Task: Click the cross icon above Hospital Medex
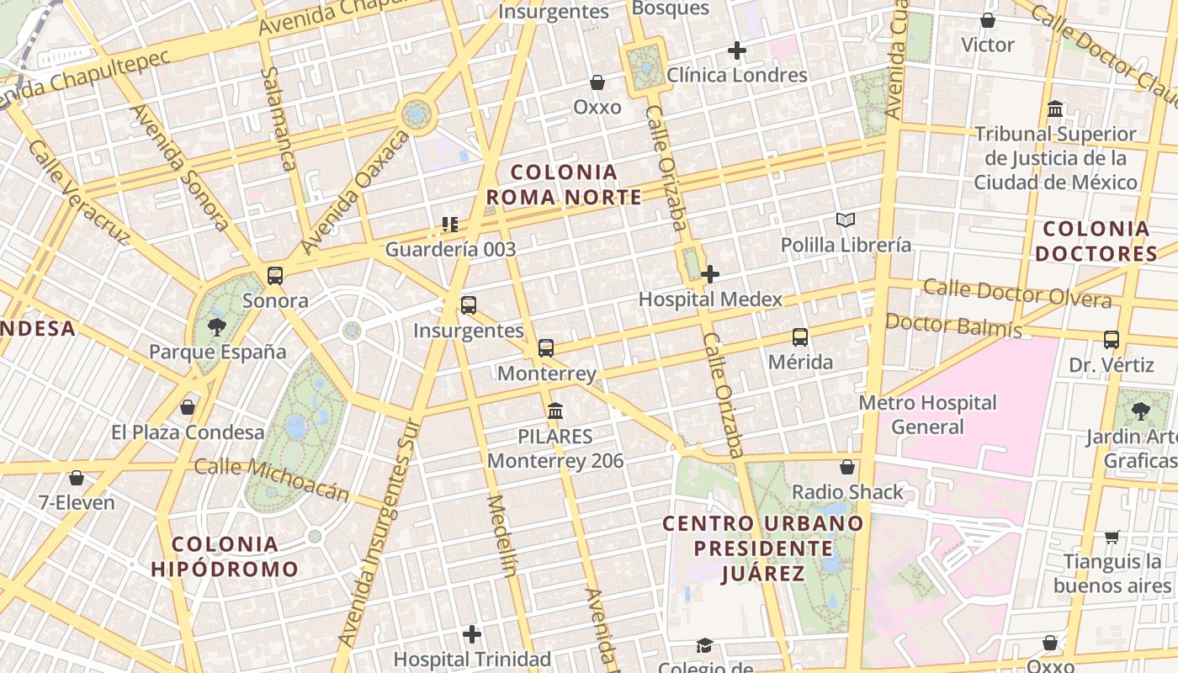click(x=710, y=274)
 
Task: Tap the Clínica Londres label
click(x=737, y=75)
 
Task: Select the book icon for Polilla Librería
click(x=846, y=220)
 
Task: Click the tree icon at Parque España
click(x=217, y=327)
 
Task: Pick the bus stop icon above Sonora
click(x=275, y=276)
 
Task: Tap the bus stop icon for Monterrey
click(x=546, y=348)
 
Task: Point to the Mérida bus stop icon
click(x=800, y=337)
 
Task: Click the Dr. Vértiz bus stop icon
click(x=1112, y=340)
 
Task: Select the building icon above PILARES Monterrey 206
click(x=555, y=411)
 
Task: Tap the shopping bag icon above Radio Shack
click(x=847, y=467)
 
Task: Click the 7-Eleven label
click(x=77, y=503)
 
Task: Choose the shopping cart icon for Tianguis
click(x=1112, y=537)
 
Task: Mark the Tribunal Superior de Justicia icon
click(x=1055, y=109)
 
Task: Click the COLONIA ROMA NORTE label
click(x=564, y=185)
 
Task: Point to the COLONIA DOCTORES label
click(x=1096, y=241)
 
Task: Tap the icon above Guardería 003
click(x=450, y=225)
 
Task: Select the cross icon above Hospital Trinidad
click(x=472, y=633)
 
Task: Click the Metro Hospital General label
click(x=927, y=415)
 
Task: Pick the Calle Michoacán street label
click(x=272, y=480)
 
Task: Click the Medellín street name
click(x=501, y=536)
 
